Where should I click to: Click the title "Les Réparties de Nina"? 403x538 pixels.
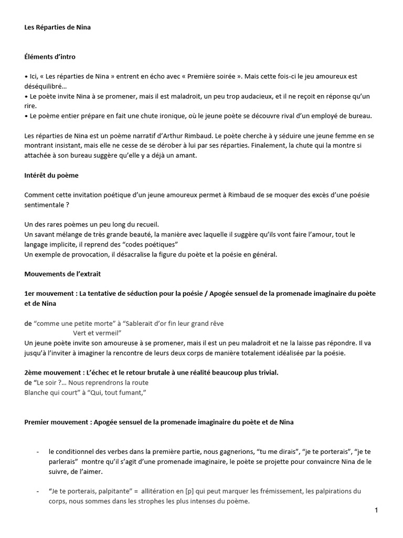pyautogui.click(x=57, y=27)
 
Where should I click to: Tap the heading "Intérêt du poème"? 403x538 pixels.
pyautogui.click(x=51, y=175)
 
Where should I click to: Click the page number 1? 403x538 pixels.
pyautogui.click(x=377, y=510)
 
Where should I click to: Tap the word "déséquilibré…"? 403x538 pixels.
pyautogui.click(x=46, y=86)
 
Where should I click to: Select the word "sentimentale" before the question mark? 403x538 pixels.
pyautogui.click(x=45, y=204)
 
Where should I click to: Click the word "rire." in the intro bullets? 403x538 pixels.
pyautogui.click(x=30, y=106)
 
